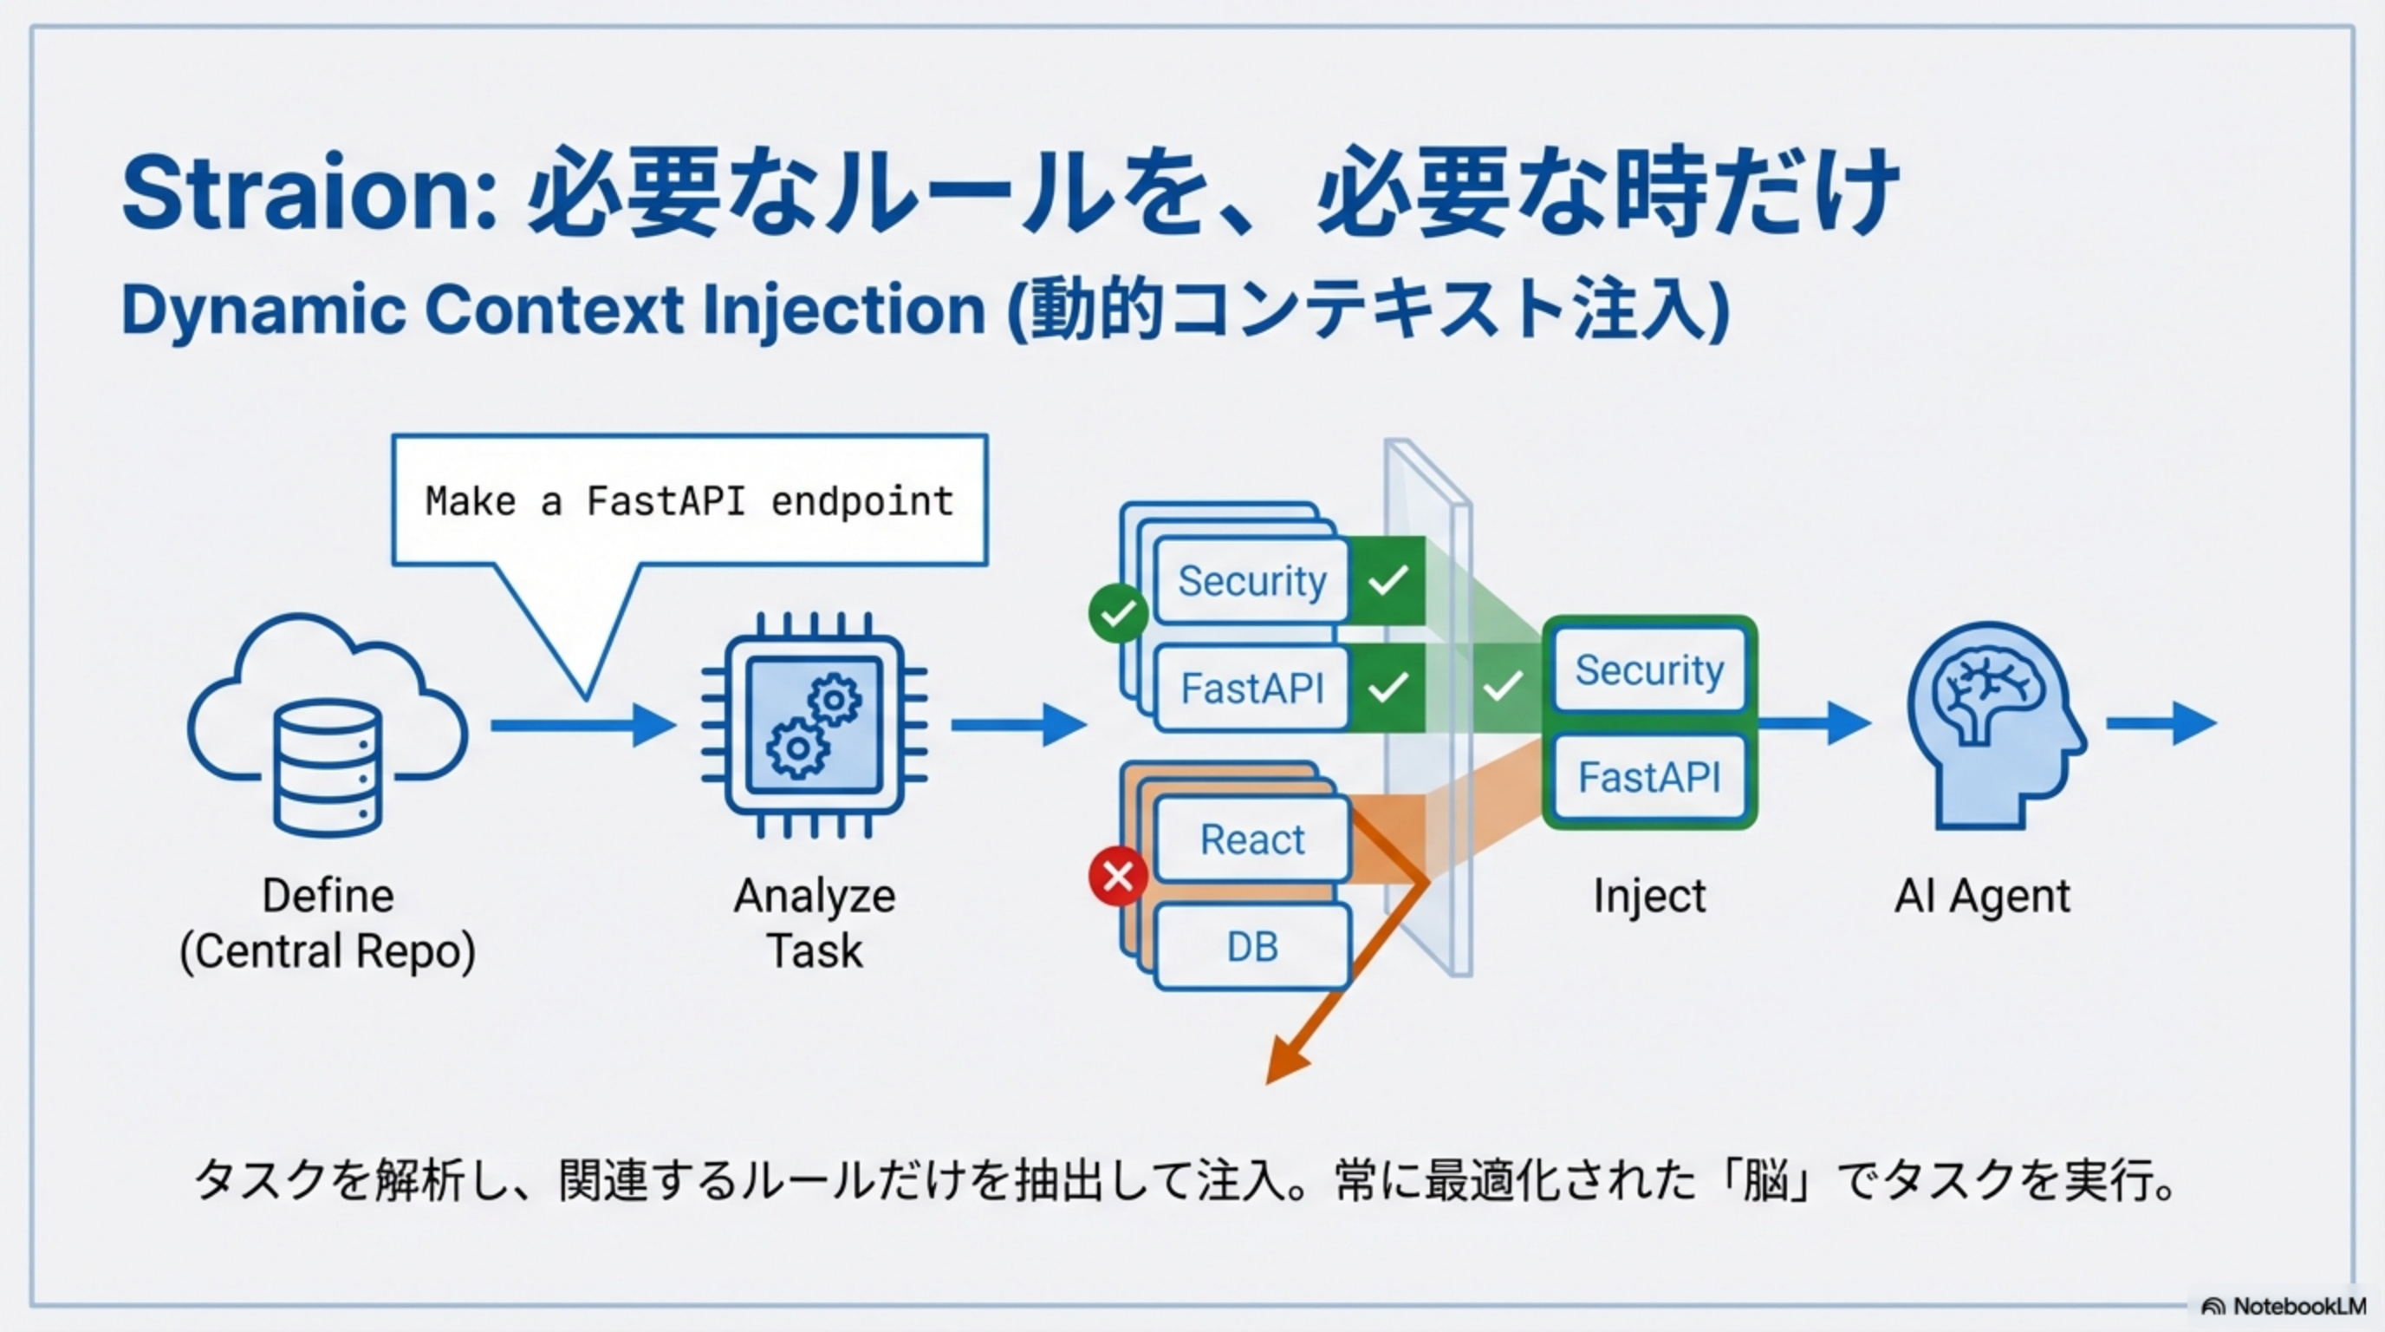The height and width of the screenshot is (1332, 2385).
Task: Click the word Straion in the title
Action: pos(309,194)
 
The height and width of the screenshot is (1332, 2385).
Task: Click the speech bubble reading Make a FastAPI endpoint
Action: pos(689,500)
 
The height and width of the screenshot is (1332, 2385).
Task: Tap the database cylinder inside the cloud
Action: pos(327,769)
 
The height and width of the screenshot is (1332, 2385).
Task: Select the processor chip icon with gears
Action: pos(814,724)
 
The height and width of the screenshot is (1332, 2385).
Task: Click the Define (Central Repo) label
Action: pos(327,924)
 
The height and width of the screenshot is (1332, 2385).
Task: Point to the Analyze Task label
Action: pos(814,924)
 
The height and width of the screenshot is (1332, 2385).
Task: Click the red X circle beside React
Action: pos(1117,875)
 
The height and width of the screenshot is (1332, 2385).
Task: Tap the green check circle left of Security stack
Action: pos(1117,613)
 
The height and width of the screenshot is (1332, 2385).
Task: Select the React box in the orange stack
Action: pos(1251,839)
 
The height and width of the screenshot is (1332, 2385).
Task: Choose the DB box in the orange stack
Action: pos(1251,947)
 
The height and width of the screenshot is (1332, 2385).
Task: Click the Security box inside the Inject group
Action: pos(1649,669)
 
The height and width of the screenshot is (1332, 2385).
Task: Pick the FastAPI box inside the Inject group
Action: pos(1649,776)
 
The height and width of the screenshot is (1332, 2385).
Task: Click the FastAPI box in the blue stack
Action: pos(1251,689)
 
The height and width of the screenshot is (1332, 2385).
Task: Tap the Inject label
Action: pos(1649,896)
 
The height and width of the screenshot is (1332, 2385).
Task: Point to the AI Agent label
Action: pos(1981,896)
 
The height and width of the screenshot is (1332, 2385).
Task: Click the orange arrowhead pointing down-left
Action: pos(1287,1061)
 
